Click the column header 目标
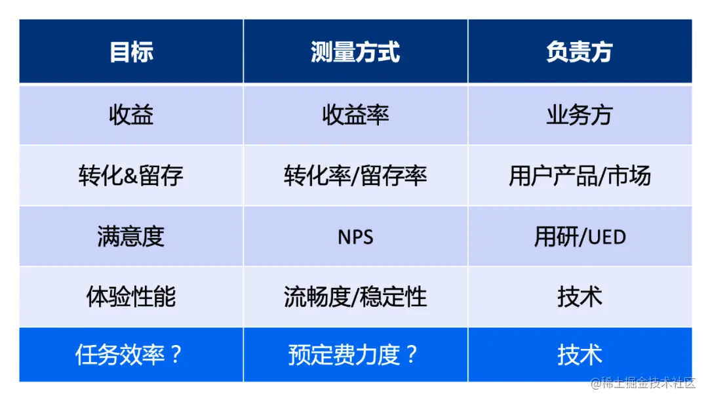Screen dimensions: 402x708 (131, 52)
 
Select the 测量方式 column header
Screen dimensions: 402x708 (355, 52)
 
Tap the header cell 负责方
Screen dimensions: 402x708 (580, 52)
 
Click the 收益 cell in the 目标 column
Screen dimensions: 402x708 (131, 115)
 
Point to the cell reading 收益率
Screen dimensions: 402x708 (355, 115)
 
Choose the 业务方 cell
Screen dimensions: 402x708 (580, 115)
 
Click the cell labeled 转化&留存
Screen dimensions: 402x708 (131, 176)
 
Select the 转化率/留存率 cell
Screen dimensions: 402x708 (355, 176)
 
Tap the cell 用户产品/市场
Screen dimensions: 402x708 (580, 176)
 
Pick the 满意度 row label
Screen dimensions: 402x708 (131, 236)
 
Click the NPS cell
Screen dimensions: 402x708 (355, 237)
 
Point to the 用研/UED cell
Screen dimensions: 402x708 (580, 237)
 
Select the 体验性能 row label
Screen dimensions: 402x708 (131, 297)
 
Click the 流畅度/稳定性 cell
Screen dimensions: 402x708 (355, 297)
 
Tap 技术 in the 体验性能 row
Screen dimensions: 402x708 (580, 297)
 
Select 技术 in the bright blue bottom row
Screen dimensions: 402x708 (580, 355)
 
